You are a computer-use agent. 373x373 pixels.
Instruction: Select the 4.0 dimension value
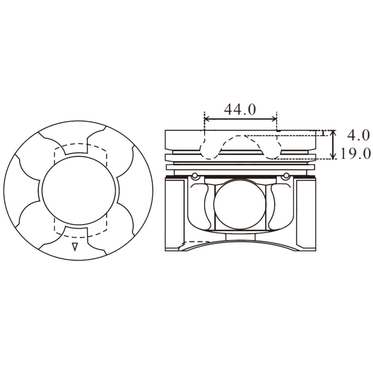(358, 135)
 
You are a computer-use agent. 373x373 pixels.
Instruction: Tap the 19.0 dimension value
(356, 153)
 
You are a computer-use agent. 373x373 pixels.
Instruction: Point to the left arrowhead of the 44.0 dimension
(207, 118)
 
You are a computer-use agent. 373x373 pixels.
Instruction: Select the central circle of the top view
(79, 191)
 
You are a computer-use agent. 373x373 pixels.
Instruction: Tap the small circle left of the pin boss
(196, 177)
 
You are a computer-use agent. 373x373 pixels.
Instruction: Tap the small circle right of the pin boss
(286, 177)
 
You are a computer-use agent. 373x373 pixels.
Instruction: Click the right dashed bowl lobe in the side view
(272, 149)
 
